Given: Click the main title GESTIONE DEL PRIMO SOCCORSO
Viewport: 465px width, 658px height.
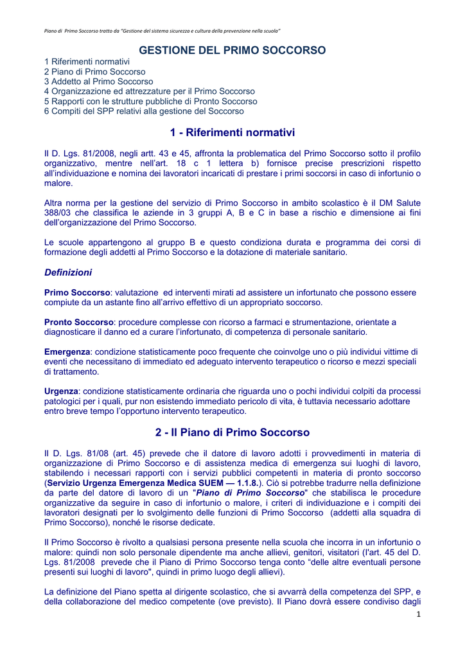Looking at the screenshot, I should pos(232,49).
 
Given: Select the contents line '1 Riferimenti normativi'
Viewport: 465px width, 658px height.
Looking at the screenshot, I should pos(87,62).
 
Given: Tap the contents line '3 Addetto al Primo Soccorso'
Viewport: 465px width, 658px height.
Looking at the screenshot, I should pos(98,82).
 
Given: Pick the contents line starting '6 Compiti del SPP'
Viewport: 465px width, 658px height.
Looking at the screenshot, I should pos(144,111).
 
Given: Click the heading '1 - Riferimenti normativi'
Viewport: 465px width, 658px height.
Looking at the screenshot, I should pos(232,132).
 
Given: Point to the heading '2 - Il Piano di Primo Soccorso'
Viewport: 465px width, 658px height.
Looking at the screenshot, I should pos(232,432).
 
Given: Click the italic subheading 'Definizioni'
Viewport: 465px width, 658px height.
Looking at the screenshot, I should pos(68,272).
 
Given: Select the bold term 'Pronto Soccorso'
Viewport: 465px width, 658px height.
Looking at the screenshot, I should pos(79,322).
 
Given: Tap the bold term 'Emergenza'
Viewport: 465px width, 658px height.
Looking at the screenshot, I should pos(67,352).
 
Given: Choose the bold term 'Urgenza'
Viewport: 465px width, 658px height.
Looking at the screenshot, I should pos(61,391).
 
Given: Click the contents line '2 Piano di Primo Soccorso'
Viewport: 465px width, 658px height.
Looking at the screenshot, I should pos(94,72).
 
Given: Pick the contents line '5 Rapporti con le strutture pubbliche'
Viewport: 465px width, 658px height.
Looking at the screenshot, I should pos(150,101).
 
